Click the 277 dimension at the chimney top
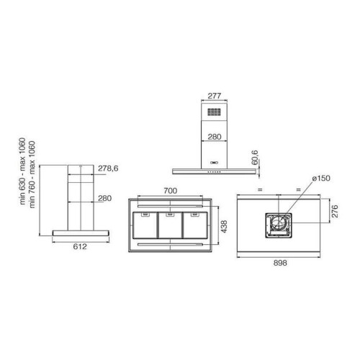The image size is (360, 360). point(214,96)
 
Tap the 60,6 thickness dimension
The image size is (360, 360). point(255,158)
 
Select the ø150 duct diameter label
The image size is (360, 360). point(321,179)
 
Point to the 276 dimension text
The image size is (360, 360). point(335,211)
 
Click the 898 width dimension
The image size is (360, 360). point(280,263)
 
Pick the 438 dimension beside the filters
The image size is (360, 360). point(224,226)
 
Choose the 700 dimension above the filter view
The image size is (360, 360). point(171,191)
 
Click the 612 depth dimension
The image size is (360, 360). point(80,246)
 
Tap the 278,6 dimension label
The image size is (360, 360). point(108,168)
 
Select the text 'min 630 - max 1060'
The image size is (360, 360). point(22,171)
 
